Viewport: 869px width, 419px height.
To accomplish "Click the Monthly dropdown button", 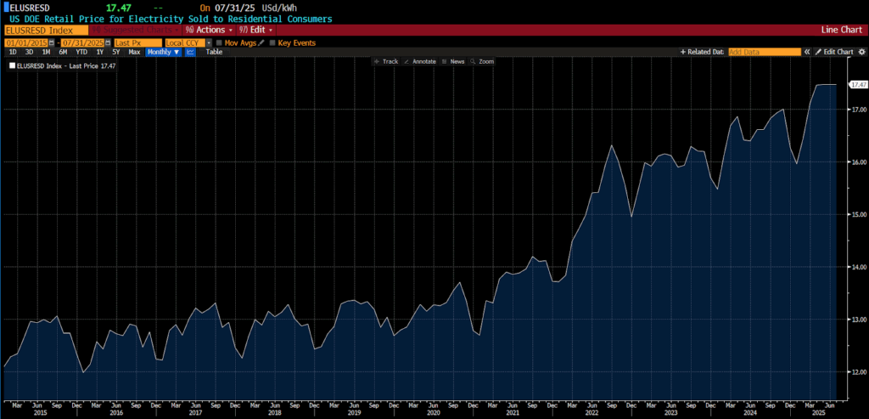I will [x=163, y=52].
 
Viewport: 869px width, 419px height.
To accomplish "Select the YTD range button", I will [x=81, y=52].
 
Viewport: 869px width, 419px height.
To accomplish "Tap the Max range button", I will [x=134, y=52].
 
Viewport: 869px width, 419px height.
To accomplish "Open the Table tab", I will [x=215, y=52].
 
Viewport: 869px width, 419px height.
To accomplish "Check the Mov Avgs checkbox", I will [x=219, y=42].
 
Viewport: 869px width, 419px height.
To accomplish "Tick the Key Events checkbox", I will [x=273, y=42].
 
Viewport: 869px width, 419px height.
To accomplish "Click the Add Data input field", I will [x=764, y=52].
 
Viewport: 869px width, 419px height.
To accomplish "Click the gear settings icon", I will [x=861, y=52].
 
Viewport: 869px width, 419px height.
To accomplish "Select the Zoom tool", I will [x=482, y=62].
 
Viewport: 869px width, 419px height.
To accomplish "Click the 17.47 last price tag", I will [x=858, y=85].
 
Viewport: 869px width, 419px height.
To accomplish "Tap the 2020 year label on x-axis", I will [x=433, y=412].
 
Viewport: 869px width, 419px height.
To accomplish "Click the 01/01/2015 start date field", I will [x=28, y=42].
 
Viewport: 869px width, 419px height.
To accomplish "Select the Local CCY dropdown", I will [x=185, y=42].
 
